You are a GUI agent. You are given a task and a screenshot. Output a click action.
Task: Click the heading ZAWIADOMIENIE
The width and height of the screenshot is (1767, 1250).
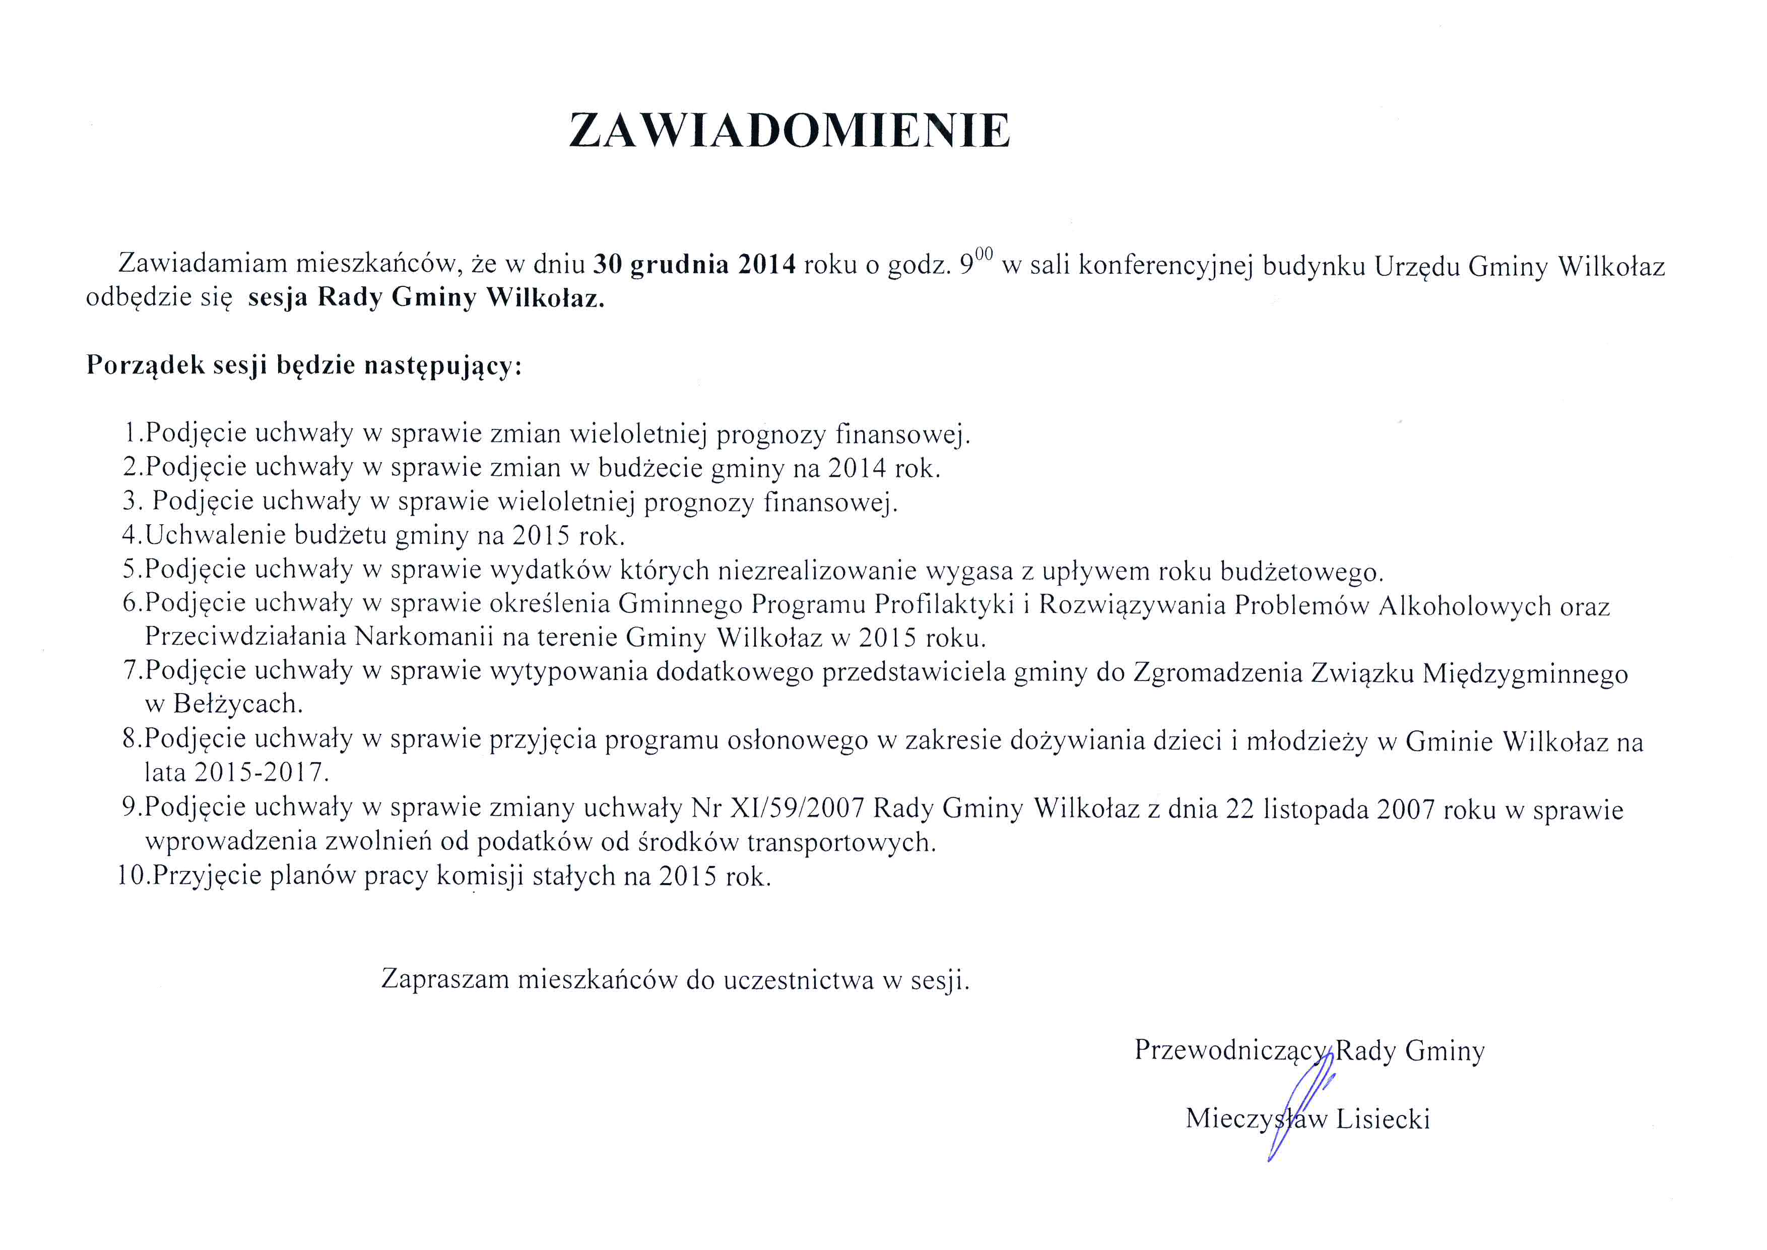pos(789,131)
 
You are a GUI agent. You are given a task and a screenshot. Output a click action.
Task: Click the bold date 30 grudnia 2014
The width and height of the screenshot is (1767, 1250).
pos(694,265)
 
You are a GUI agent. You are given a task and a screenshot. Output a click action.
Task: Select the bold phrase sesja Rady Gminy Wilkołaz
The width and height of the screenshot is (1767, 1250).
pos(426,298)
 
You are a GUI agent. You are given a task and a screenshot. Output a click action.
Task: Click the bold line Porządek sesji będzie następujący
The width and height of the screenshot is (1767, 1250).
pos(304,365)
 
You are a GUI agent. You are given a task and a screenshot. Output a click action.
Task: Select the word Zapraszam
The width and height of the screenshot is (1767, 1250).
pos(445,979)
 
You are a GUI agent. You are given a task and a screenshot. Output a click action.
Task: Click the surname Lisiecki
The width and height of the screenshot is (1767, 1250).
pos(1383,1118)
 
